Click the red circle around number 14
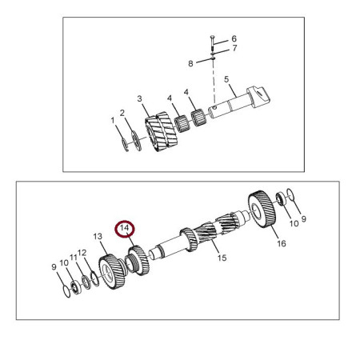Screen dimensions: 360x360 126,230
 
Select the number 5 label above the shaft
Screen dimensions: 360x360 226,79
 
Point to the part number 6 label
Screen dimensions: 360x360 234,38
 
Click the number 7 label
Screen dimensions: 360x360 234,49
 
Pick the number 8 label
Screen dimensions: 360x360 190,62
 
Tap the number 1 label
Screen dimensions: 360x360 113,120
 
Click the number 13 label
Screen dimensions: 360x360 98,237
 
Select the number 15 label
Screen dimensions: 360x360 222,258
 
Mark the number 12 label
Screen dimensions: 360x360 82,253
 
